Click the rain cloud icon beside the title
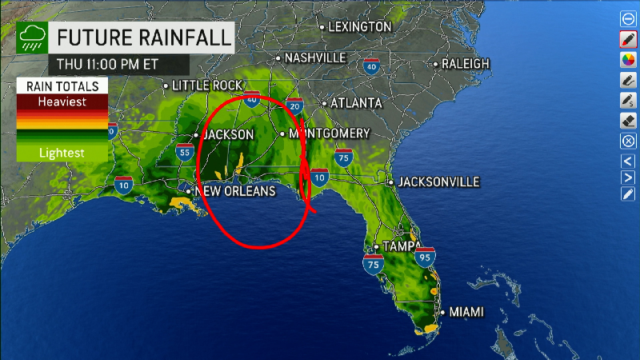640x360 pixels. point(33,37)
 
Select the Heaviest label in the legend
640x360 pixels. point(62,102)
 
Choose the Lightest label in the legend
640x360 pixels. point(62,151)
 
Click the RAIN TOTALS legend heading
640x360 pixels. point(62,86)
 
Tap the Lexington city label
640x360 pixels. point(359,26)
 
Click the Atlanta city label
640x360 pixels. point(356,102)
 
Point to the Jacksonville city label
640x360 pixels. point(438,182)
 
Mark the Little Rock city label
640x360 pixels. point(197,85)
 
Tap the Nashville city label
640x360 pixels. point(314,58)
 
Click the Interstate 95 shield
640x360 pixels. point(426,258)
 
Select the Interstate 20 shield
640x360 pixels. point(295,106)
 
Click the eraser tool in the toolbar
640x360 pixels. point(628,121)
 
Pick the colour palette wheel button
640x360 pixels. point(628,60)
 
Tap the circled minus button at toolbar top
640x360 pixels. point(628,18)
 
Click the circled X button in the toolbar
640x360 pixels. point(628,141)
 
